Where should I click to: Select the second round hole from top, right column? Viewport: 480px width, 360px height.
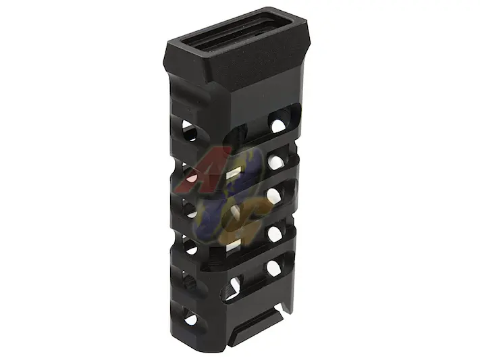275,162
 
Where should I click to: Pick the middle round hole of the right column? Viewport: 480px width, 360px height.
273,196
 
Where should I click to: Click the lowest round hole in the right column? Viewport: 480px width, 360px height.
273,268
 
